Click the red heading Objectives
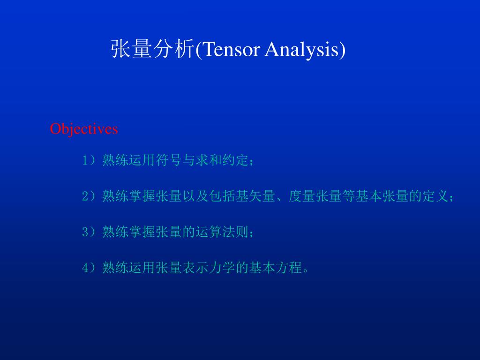click(84, 128)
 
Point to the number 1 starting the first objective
click(85, 161)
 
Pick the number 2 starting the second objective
click(85, 196)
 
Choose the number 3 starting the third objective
click(85, 232)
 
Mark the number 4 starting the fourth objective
click(85, 268)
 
